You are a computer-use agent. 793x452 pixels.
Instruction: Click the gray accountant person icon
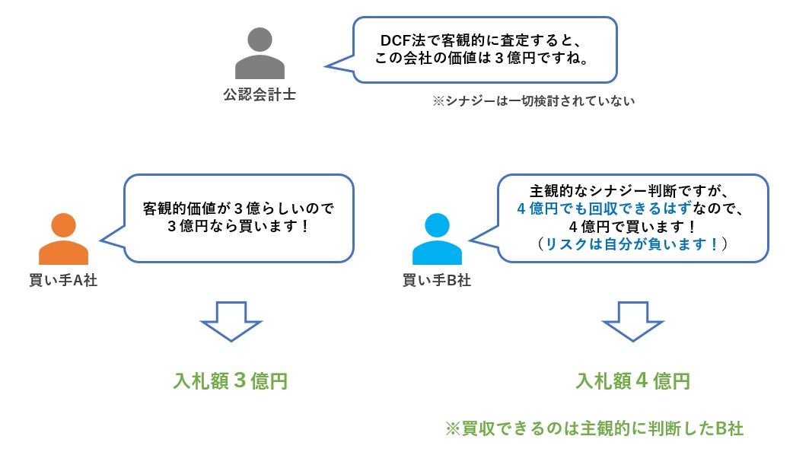coord(260,55)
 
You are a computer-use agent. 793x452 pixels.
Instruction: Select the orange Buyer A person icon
coord(63,240)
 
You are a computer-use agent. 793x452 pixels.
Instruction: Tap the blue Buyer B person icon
coord(437,240)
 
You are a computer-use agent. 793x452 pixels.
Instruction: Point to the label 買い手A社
coord(63,280)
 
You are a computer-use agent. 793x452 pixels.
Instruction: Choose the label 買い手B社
coord(437,280)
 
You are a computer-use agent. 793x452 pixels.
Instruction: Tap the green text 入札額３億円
coord(231,380)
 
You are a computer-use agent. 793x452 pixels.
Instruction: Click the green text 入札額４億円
coord(632,380)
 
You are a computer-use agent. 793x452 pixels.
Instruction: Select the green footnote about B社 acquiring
coord(594,428)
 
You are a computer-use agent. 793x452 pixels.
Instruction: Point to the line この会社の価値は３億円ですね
coord(486,59)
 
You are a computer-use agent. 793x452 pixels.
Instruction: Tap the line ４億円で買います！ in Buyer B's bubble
coord(632,226)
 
